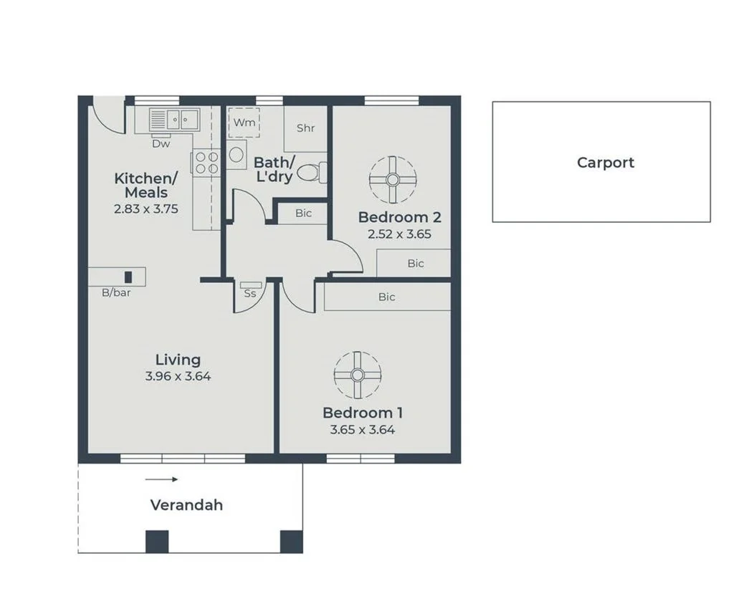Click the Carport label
(x=605, y=163)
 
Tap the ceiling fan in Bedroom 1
(x=358, y=375)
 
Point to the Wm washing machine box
(x=244, y=123)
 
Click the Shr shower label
(x=305, y=128)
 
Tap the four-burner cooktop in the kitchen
(x=206, y=163)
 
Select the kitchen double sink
(x=174, y=118)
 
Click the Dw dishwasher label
(x=161, y=144)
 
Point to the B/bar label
(x=116, y=292)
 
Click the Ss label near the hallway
(x=250, y=292)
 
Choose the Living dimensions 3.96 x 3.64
(x=178, y=376)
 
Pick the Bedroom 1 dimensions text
(x=362, y=430)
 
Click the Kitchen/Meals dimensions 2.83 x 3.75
(x=146, y=209)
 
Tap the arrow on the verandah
(x=161, y=479)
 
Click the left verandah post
(x=157, y=541)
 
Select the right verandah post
(x=291, y=541)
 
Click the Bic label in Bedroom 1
(x=386, y=297)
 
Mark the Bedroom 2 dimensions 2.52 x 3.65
(x=399, y=234)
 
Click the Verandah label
(x=186, y=505)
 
